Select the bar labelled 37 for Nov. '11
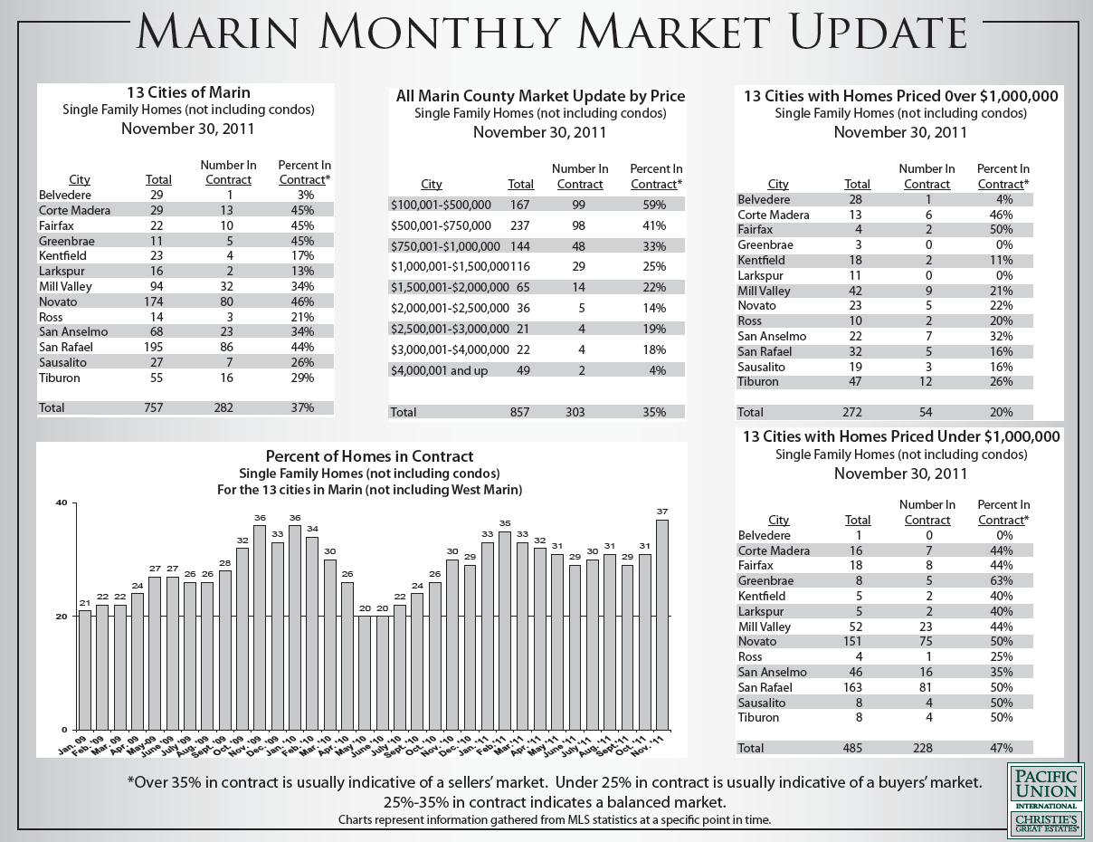[x=661, y=624]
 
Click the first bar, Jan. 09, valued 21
[x=84, y=669]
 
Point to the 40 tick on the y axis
[x=62, y=502]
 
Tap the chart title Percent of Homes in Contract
[x=369, y=456]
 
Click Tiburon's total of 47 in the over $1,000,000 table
[x=857, y=382]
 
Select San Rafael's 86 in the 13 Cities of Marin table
[x=227, y=347]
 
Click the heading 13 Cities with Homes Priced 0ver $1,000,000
[x=900, y=96]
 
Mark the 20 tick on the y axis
[x=62, y=617]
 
